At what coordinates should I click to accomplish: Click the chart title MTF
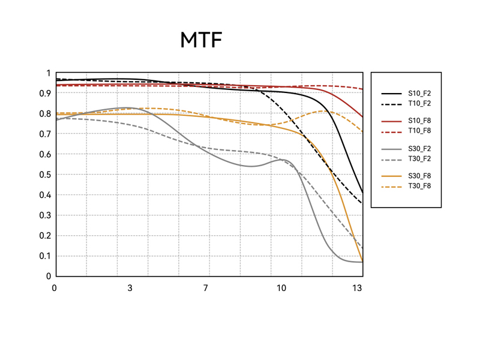(201, 40)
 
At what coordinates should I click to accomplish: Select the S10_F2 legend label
(419, 94)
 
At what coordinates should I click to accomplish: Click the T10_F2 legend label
(419, 103)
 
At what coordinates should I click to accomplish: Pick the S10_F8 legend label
(419, 121)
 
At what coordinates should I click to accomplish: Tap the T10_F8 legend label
(419, 131)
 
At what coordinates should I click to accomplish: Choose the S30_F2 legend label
(419, 149)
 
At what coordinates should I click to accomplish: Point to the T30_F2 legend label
(419, 158)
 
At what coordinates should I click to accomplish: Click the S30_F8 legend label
(419, 176)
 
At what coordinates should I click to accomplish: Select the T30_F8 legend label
(419, 186)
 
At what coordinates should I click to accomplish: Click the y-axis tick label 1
(49, 73)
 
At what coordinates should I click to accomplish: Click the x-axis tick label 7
(205, 288)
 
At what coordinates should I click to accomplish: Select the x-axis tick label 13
(357, 288)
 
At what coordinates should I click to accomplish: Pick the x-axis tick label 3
(130, 288)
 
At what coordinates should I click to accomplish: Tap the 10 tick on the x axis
(281, 288)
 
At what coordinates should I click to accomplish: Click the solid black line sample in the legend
(391, 94)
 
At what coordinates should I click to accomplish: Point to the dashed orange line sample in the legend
(391, 186)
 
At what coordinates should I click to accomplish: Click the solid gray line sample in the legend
(391, 149)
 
